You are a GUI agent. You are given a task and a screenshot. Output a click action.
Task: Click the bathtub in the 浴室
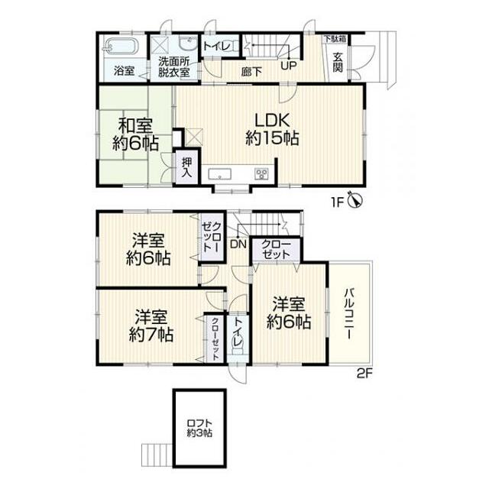tap(121, 46)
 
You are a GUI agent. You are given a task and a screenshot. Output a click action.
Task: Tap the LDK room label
tap(272, 129)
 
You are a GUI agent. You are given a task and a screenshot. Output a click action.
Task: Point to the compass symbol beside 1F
tap(355, 199)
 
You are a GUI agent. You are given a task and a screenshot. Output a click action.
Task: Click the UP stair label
tap(289, 66)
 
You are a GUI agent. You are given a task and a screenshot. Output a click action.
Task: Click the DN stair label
tap(238, 244)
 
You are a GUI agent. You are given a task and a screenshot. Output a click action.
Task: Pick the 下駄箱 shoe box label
tap(335, 39)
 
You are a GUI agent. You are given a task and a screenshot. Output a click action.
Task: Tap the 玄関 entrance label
tap(338, 63)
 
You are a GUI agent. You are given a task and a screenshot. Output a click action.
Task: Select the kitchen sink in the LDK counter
tap(220, 174)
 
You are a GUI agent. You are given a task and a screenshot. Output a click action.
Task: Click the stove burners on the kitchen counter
tap(261, 174)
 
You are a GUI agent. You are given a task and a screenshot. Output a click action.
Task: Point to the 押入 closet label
tap(186, 168)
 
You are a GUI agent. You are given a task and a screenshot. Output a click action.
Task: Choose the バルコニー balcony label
tap(348, 314)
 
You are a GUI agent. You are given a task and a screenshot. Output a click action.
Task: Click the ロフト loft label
tap(199, 423)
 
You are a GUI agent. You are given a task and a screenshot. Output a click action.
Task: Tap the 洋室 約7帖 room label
tap(151, 326)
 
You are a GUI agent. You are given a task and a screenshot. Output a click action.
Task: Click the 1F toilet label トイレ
tap(217, 47)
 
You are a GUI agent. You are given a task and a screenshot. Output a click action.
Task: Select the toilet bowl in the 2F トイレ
tap(238, 347)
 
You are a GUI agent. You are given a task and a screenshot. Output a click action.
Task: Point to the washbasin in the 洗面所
tap(189, 43)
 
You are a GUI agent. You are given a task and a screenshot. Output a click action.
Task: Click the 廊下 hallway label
tap(251, 72)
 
